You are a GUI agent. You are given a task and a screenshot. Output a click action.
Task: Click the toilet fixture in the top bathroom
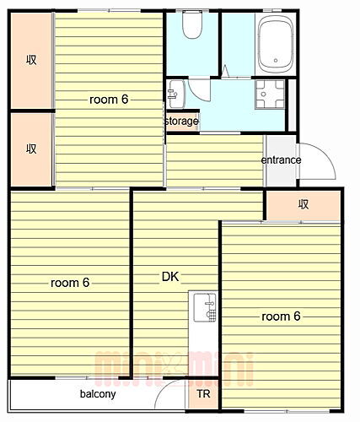[192, 24]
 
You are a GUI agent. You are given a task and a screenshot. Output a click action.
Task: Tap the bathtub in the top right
[276, 44]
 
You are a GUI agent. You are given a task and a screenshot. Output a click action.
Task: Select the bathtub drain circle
[276, 61]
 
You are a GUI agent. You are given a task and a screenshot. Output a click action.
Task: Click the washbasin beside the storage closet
[176, 95]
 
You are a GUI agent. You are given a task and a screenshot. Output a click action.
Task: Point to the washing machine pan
[270, 95]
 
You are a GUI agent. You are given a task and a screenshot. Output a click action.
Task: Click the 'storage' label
[181, 122]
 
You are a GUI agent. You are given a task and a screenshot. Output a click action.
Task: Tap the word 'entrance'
[281, 160]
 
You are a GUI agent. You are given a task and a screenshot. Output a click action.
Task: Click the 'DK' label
[170, 277]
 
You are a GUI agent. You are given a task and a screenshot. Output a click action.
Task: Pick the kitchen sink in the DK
[205, 307]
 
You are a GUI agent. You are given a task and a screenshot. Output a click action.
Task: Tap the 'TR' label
[203, 394]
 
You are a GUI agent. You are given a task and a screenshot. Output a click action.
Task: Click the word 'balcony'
[98, 394]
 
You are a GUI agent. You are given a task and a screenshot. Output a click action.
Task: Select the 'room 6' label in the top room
[109, 100]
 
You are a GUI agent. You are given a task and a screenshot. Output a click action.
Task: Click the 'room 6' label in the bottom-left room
[70, 283]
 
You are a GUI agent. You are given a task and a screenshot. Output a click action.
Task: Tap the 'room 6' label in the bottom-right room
[281, 316]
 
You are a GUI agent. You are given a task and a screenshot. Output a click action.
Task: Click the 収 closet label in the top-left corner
[31, 60]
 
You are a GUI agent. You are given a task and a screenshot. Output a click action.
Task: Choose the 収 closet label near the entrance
[304, 204]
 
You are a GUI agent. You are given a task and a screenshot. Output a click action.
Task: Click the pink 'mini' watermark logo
[175, 369]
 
